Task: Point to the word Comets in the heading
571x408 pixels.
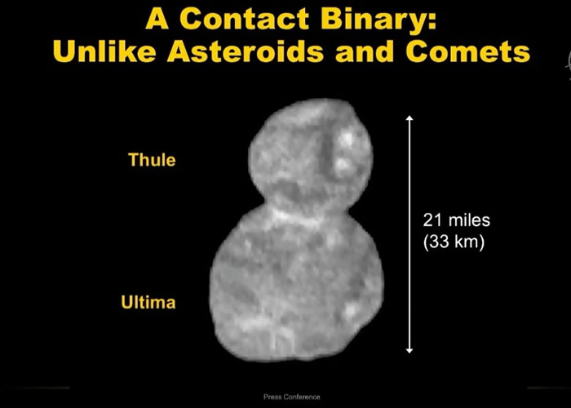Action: point(465,52)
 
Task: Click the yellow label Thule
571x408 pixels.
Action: point(152,159)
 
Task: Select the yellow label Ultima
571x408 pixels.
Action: point(148,303)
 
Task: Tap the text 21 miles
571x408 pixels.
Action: point(457,221)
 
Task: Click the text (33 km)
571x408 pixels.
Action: point(454,242)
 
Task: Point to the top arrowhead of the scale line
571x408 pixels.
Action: point(409,119)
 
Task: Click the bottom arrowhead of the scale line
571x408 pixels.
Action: point(409,350)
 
